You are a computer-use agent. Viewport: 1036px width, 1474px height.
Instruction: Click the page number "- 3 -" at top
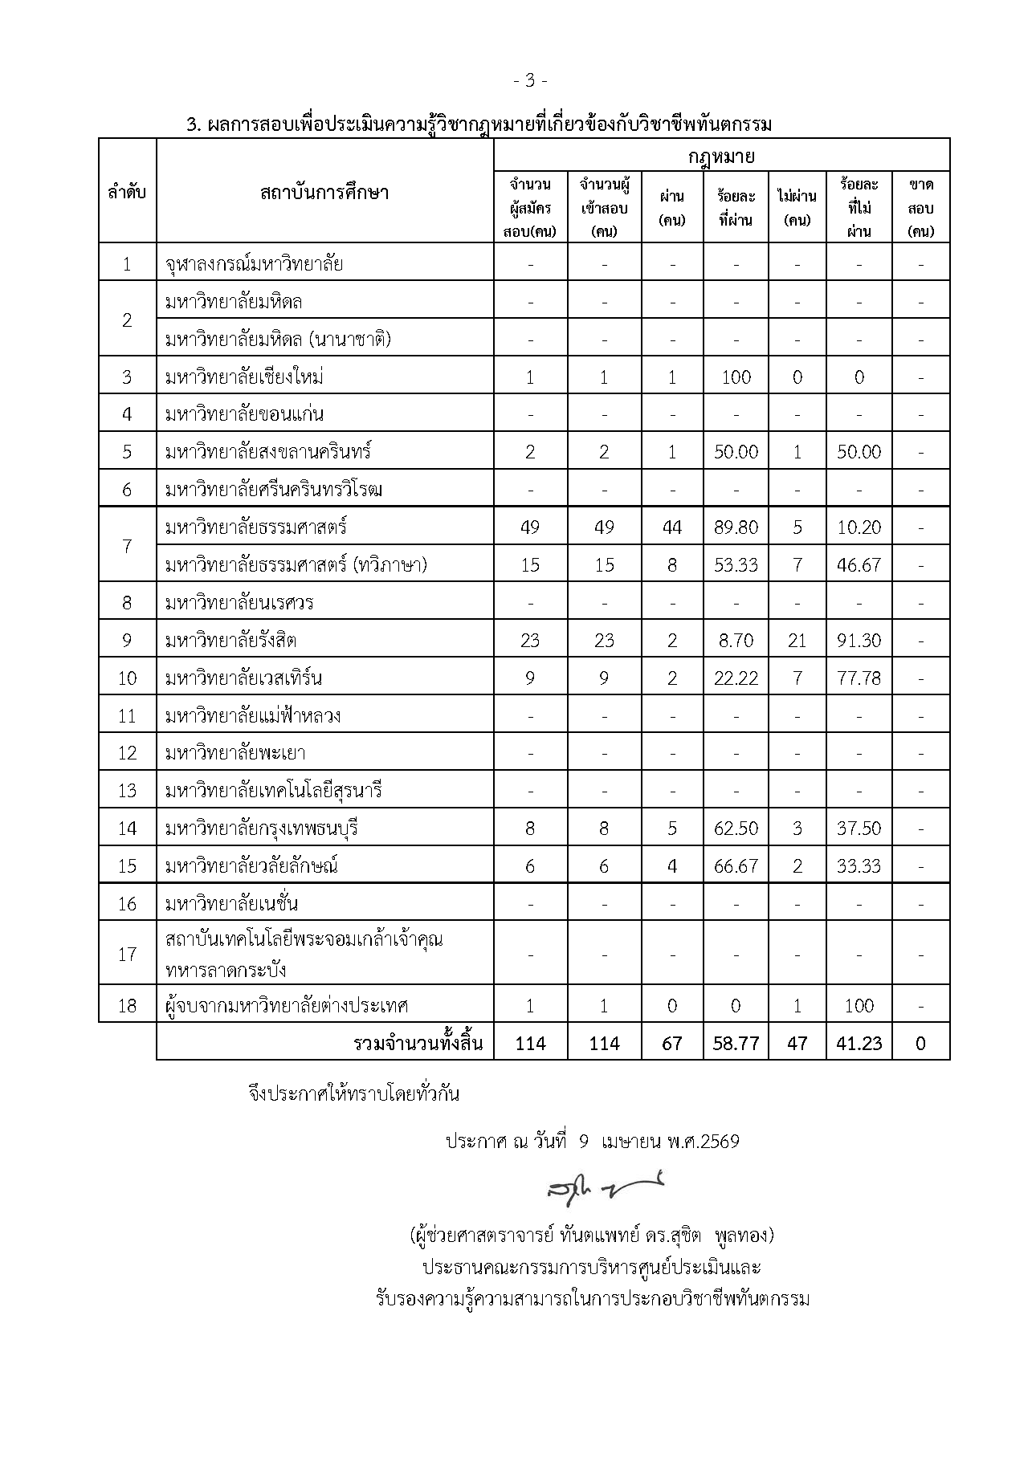click(x=531, y=80)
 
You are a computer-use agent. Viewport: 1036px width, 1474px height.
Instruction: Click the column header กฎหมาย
click(x=721, y=155)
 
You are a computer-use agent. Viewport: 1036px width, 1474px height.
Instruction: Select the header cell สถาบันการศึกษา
click(x=324, y=192)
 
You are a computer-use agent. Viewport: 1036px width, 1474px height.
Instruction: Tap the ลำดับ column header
click(x=127, y=192)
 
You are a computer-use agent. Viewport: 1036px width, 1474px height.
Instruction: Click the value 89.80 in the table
click(x=736, y=527)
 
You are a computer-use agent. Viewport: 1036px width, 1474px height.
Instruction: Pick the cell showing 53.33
click(x=736, y=565)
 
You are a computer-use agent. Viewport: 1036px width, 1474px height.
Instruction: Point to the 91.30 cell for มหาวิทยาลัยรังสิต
click(x=859, y=641)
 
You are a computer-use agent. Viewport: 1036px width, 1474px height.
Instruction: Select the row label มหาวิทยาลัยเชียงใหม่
click(x=244, y=377)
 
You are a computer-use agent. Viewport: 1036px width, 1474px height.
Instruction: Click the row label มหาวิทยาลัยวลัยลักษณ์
click(x=251, y=865)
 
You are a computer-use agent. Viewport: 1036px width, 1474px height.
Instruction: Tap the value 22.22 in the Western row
click(x=736, y=678)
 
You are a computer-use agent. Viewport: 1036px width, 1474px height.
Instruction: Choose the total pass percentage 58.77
click(x=736, y=1043)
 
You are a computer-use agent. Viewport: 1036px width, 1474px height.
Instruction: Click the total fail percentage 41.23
click(x=859, y=1043)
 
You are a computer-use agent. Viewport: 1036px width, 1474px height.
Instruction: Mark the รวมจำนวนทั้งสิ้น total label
click(x=418, y=1043)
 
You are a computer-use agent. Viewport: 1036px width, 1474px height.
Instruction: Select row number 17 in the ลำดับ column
click(x=127, y=955)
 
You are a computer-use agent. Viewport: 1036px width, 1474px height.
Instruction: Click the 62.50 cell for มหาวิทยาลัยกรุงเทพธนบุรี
click(x=736, y=828)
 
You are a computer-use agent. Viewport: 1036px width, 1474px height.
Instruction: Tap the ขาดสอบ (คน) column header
click(x=920, y=208)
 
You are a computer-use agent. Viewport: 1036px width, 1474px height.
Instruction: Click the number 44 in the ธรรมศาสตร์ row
click(x=671, y=527)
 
